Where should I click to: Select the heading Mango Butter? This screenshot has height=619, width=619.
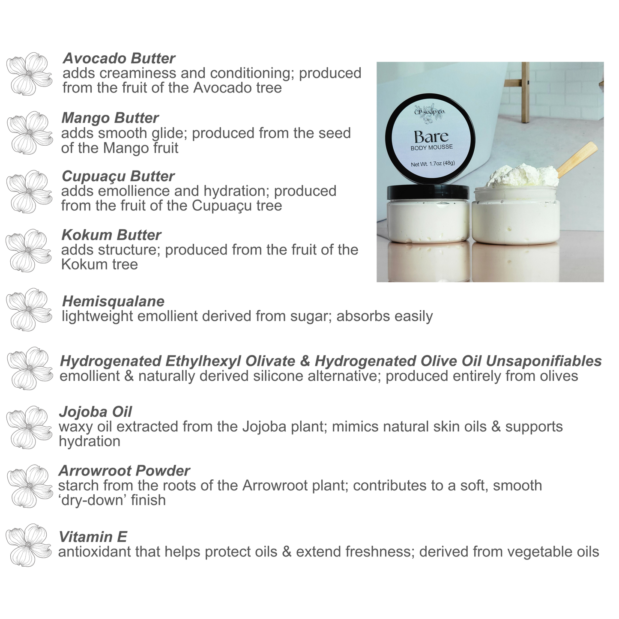110,117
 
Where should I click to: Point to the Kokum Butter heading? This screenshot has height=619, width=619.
111,235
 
